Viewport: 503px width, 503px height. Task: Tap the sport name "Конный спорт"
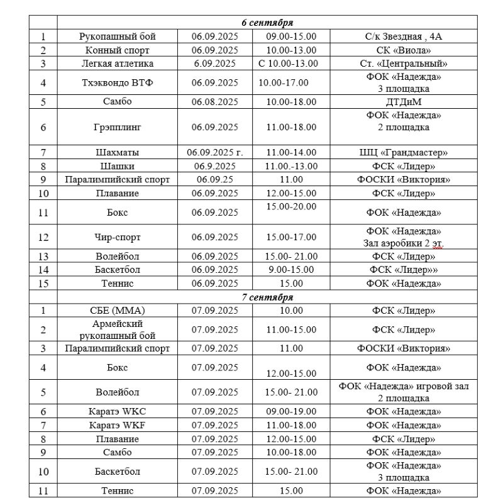coord(118,50)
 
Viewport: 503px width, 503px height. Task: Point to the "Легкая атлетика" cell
coord(118,64)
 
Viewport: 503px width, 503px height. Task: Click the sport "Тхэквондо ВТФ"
coord(118,82)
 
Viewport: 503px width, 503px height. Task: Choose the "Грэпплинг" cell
coord(118,127)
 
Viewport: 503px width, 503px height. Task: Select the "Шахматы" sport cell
coord(118,152)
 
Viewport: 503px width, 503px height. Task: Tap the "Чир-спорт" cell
coord(118,237)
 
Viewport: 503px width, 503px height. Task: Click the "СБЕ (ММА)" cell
coord(118,311)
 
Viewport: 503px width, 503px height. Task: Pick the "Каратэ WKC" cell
coord(118,412)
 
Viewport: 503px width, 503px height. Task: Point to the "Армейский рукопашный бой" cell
coord(118,329)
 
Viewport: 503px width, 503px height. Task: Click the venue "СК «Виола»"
coord(403,50)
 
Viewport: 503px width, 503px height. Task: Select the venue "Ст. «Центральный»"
coord(403,64)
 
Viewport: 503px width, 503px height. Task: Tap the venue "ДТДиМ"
coord(403,102)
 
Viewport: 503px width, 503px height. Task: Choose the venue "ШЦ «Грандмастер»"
coord(403,152)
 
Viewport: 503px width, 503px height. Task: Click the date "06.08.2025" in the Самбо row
coord(215,102)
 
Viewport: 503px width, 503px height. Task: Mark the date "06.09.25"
coord(215,179)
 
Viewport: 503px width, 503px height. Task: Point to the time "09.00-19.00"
coord(291,412)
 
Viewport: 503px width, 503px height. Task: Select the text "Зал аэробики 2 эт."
coord(403,243)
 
